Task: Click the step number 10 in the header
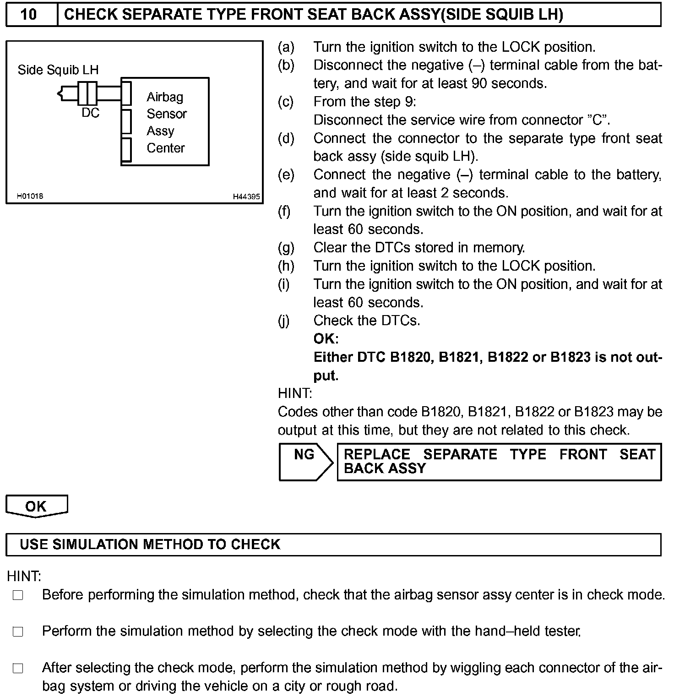tap(28, 15)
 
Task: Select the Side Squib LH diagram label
tap(58, 70)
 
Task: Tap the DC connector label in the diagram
tap(90, 113)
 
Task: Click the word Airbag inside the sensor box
tap(165, 97)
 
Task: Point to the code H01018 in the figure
tap(30, 196)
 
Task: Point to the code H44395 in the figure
tap(246, 196)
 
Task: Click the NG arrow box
tap(305, 461)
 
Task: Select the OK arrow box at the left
tap(36, 506)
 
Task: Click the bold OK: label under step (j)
tap(326, 339)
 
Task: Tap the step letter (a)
tap(286, 47)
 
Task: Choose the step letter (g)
tap(286, 248)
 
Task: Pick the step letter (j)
tap(284, 321)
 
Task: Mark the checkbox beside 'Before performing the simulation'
tap(18, 595)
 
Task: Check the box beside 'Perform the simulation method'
tap(18, 632)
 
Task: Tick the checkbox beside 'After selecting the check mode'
tap(18, 669)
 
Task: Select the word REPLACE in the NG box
tap(377, 454)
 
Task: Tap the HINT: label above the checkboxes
tap(24, 576)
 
